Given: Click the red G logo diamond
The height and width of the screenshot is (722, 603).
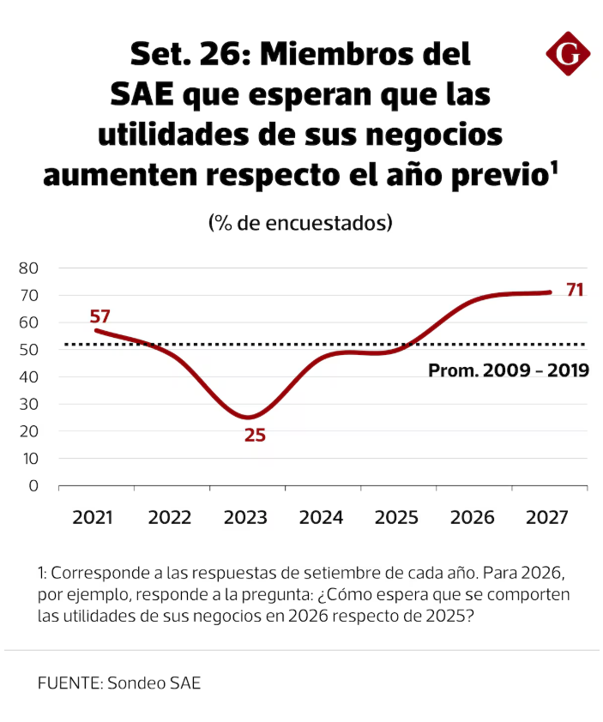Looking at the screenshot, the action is click(568, 53).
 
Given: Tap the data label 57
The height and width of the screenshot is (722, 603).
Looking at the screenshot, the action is click(100, 316).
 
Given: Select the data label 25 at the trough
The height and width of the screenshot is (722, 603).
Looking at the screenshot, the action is click(255, 435).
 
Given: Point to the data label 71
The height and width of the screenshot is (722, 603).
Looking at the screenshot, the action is click(575, 290).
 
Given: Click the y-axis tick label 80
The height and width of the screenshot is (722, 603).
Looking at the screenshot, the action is click(28, 268).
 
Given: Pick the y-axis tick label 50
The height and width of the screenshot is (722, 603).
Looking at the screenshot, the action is click(28, 350).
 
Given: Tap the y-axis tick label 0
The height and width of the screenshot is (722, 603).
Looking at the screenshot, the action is click(33, 485).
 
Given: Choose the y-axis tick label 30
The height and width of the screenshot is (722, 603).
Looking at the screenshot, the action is click(28, 404).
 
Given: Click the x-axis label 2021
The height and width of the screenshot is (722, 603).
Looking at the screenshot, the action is click(93, 518).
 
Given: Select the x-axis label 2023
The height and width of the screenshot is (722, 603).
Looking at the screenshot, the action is click(245, 518).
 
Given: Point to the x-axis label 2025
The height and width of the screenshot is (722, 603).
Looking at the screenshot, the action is click(396, 518).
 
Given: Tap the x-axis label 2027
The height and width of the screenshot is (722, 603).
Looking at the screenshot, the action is click(546, 518).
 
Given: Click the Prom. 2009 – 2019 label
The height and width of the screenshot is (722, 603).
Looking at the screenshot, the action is click(509, 370).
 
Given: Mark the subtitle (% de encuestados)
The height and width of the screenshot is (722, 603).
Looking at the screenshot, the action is click(300, 223).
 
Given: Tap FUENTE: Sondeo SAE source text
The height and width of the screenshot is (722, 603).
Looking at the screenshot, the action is click(119, 683).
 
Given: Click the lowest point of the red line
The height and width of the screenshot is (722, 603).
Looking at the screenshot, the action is click(248, 418).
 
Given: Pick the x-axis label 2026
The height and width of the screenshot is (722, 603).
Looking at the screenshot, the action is click(472, 518).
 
